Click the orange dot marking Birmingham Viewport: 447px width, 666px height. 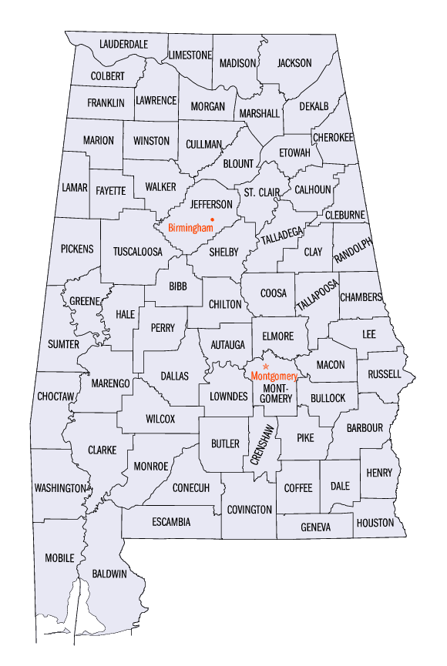tap(213, 219)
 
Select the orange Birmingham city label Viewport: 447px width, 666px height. tap(190, 229)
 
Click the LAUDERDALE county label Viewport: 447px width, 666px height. tap(123, 44)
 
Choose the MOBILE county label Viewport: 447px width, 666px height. tap(59, 557)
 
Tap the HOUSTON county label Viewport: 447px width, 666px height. tap(375, 523)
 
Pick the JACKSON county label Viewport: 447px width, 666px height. tap(294, 63)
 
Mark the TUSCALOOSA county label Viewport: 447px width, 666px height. tap(138, 252)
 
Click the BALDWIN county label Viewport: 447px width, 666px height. tap(110, 574)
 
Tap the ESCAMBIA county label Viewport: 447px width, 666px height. tap(171, 522)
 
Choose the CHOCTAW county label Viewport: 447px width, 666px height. tap(55, 397)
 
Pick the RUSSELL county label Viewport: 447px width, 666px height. tap(385, 374)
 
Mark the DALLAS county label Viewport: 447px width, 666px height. tap(174, 376)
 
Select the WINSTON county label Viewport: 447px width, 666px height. tap(151, 141)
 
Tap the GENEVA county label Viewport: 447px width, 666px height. tap(316, 527)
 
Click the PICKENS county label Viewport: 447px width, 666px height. tap(77, 249)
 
